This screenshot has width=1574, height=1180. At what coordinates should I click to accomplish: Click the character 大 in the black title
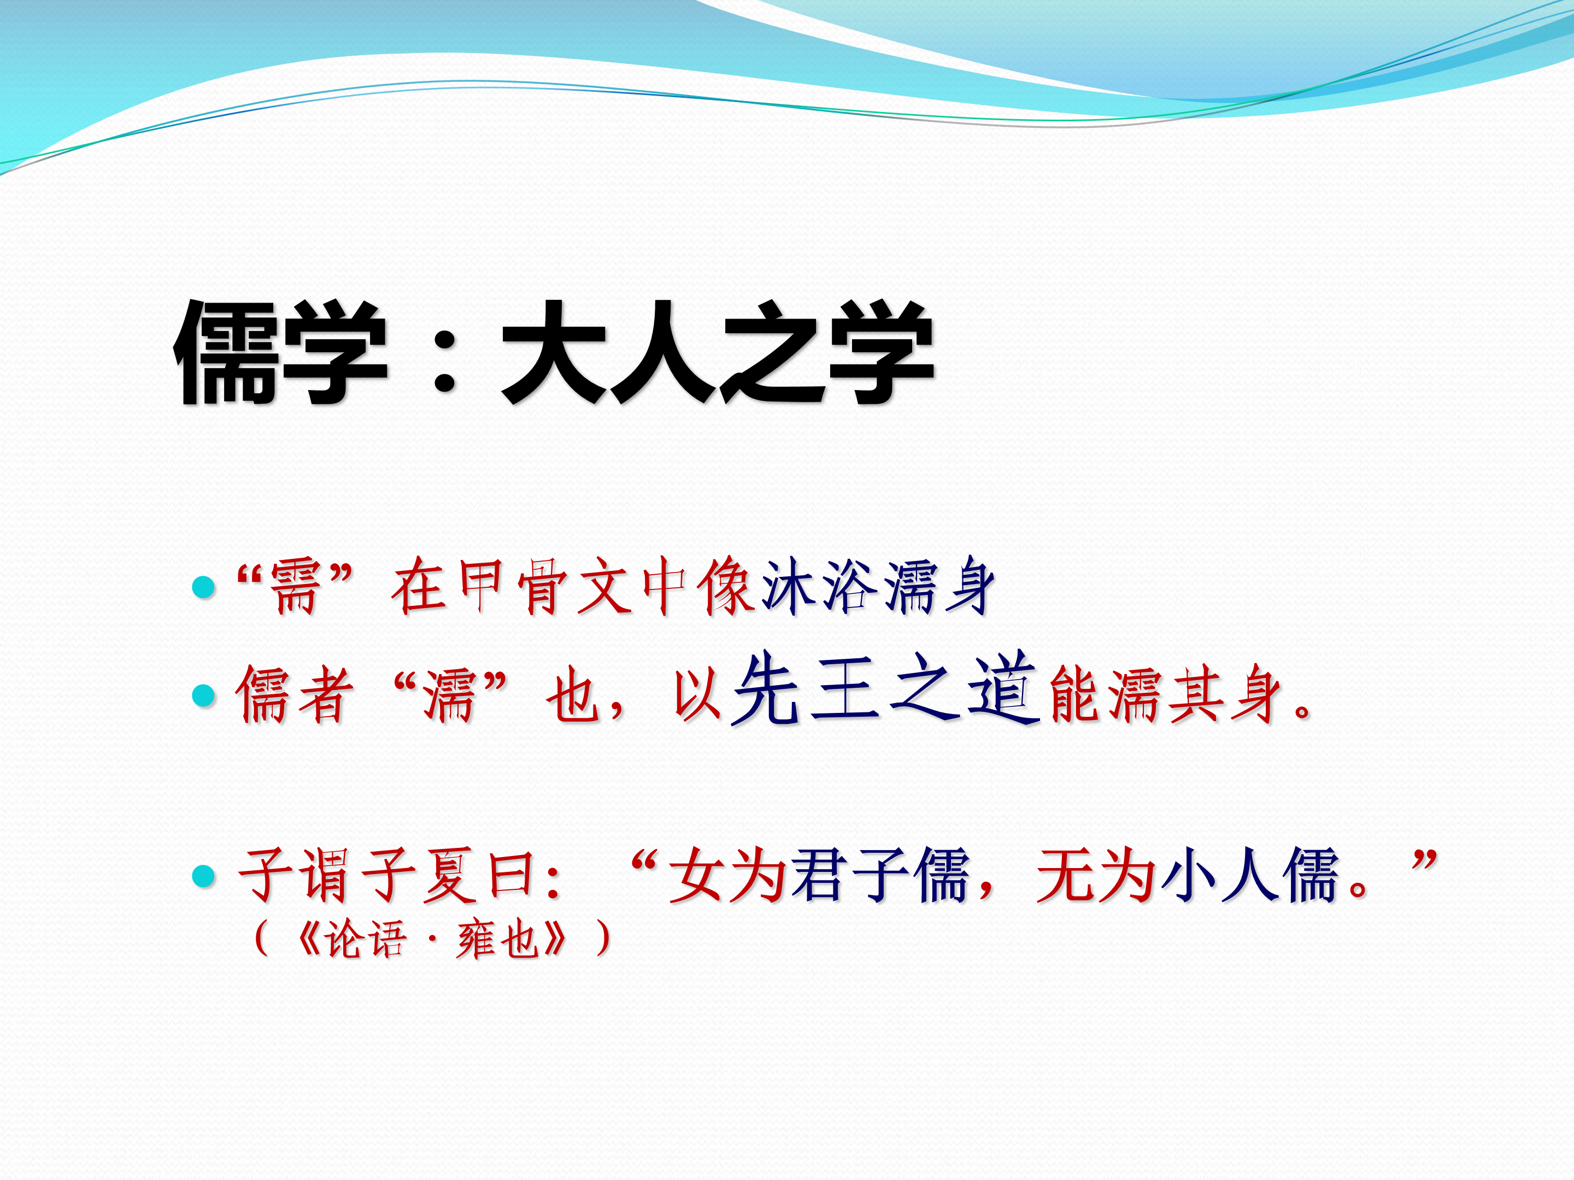pyautogui.click(x=554, y=351)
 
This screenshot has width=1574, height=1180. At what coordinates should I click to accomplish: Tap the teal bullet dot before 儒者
pyautogui.click(x=204, y=695)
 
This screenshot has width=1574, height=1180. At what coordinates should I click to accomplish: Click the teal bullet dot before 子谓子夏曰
pyautogui.click(x=204, y=876)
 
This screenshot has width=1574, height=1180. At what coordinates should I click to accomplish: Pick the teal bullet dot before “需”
pyautogui.click(x=204, y=587)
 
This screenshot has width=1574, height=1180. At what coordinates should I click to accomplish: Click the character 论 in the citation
pyautogui.click(x=345, y=939)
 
